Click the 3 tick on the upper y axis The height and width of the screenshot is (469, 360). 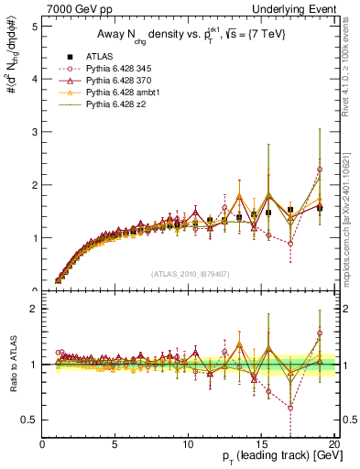tap(34, 132)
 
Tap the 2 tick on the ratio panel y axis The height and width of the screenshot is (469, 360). tap(34, 309)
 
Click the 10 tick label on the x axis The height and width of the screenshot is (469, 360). tap(188, 443)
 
